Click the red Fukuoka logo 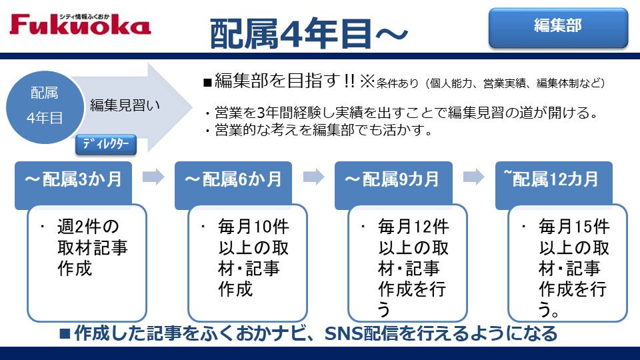click(x=81, y=24)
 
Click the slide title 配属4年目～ click(x=309, y=33)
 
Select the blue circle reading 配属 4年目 click(x=45, y=107)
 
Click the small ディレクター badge click(x=106, y=145)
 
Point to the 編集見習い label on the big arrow click(x=125, y=105)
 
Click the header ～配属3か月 click(x=73, y=179)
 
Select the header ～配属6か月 click(x=233, y=179)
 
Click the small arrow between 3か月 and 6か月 click(x=153, y=177)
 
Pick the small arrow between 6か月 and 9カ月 click(x=313, y=177)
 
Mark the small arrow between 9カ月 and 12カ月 click(x=474, y=177)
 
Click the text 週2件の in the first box click(x=88, y=227)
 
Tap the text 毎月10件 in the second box click(x=253, y=227)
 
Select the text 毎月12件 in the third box click(x=413, y=227)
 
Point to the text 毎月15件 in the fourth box click(x=574, y=227)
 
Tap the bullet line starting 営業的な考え click(x=319, y=130)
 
